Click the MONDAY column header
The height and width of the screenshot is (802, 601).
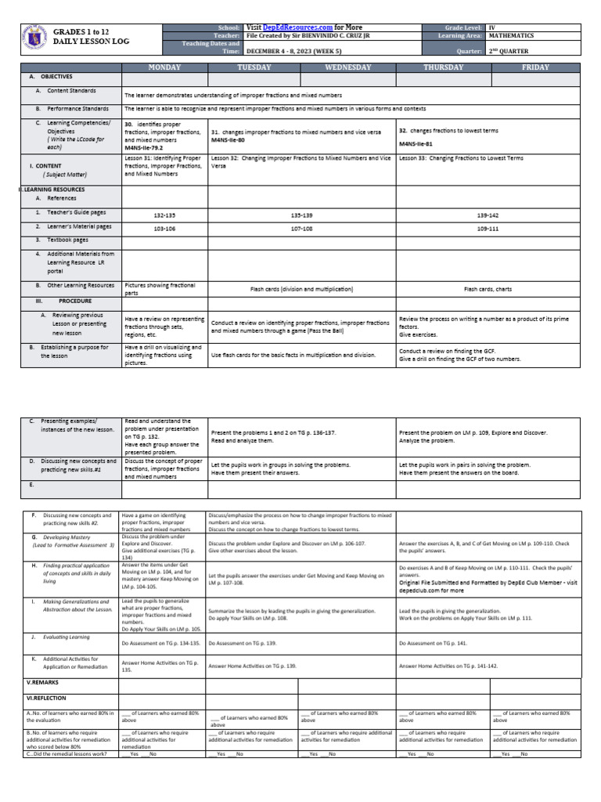[x=165, y=68]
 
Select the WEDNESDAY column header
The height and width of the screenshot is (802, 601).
[x=349, y=68]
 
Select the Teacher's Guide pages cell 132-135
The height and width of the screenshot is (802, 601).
[x=164, y=213]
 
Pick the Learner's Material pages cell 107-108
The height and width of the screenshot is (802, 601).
[x=302, y=228]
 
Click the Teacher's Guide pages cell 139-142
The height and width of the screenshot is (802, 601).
[x=488, y=213]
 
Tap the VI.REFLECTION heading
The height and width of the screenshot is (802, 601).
[x=46, y=698]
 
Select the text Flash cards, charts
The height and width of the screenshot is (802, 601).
[x=488, y=289]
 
